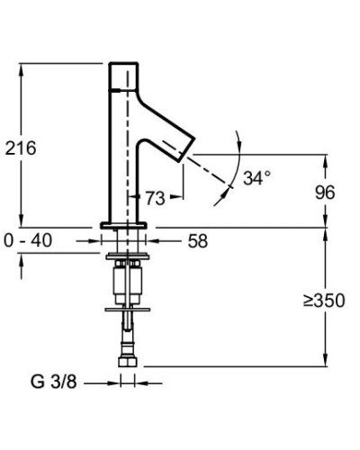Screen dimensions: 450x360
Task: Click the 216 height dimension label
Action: [x=21, y=148]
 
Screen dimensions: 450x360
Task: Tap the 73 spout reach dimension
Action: [x=154, y=198]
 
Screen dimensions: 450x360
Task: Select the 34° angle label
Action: [x=256, y=178]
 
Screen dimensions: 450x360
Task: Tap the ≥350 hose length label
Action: [x=323, y=300]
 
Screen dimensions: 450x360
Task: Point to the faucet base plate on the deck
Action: [x=126, y=224]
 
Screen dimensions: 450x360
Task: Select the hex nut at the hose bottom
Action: [x=127, y=363]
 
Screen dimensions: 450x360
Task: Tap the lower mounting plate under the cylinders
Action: [x=127, y=309]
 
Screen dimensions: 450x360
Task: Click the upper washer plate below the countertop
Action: [x=127, y=258]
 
